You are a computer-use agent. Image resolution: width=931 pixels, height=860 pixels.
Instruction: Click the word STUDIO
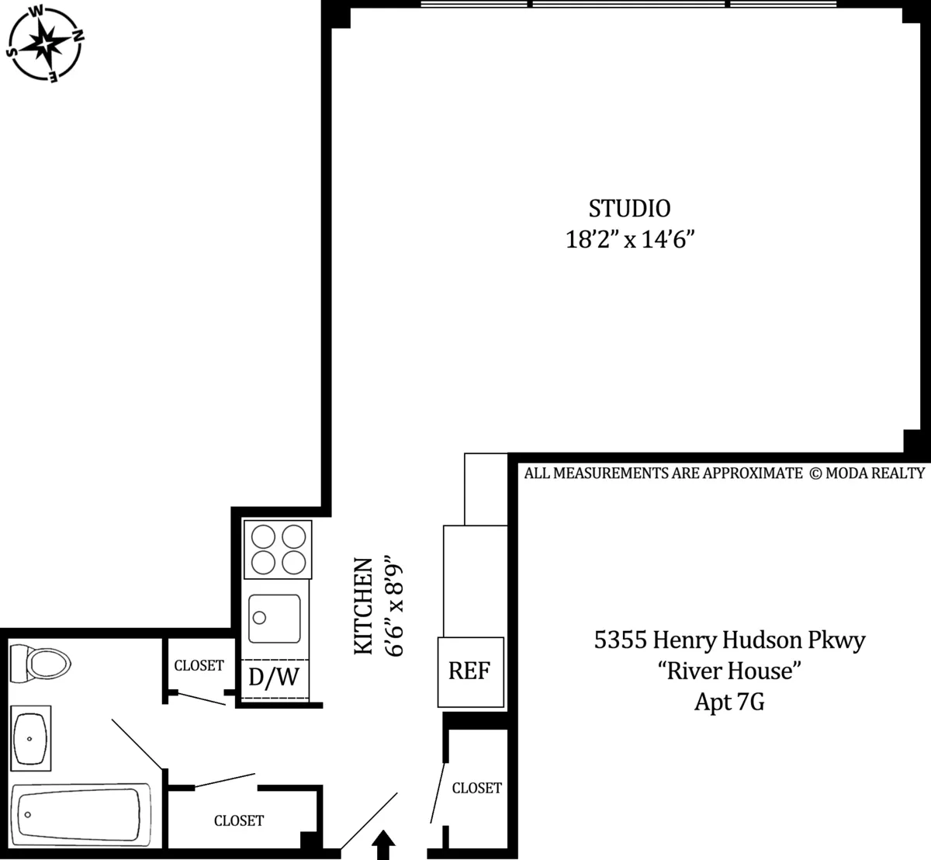click(x=629, y=209)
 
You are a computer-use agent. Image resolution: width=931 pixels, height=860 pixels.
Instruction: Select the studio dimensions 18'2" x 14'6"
click(x=628, y=240)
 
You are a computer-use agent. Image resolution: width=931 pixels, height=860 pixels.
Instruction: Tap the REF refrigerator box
click(x=470, y=671)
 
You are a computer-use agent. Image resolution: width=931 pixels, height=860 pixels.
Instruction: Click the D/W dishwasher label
click(x=274, y=678)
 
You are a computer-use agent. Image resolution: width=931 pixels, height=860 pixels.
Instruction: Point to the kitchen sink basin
click(x=275, y=619)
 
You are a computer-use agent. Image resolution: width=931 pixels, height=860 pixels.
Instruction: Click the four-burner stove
click(x=278, y=550)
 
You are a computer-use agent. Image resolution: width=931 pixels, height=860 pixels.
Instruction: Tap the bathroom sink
click(x=32, y=738)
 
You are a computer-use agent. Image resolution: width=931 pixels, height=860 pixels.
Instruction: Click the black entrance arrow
click(x=384, y=845)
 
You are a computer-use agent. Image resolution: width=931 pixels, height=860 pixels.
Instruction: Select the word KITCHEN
click(x=364, y=605)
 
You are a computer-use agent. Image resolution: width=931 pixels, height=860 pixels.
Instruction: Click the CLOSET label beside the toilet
click(x=199, y=666)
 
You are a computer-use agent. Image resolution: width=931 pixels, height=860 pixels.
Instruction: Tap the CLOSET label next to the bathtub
click(x=239, y=820)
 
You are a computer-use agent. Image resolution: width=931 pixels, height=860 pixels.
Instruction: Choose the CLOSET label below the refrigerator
click(x=476, y=788)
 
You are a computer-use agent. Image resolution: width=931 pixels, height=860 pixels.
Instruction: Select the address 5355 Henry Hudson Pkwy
click(x=729, y=640)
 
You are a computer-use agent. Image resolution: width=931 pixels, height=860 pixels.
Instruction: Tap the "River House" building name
click(x=729, y=671)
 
